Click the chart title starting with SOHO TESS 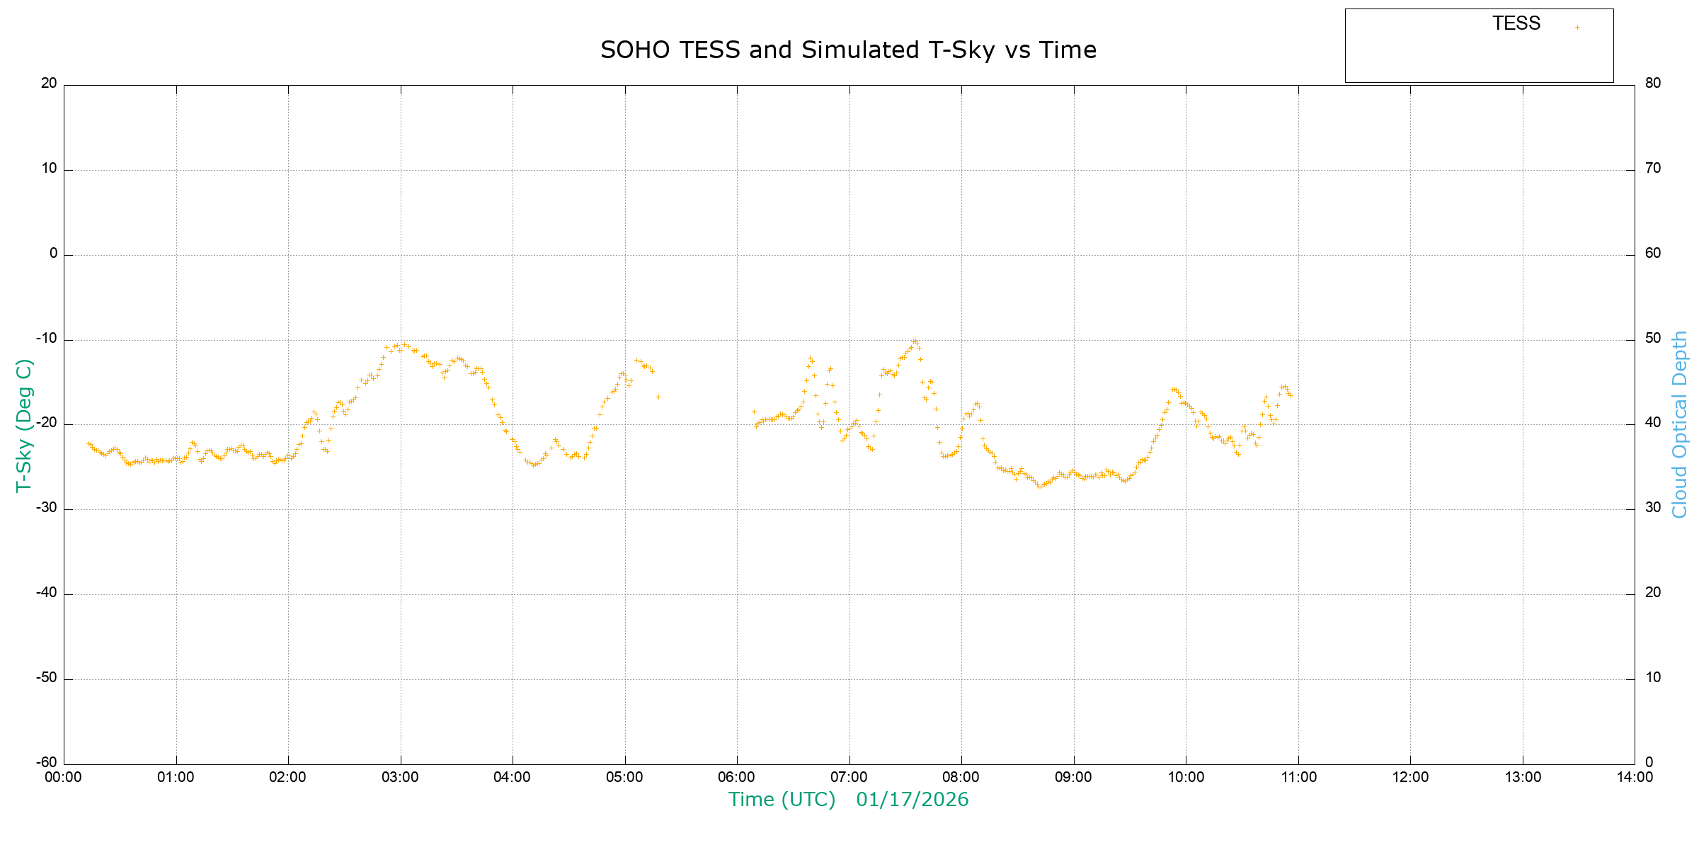point(848,50)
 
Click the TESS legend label point(1516,23)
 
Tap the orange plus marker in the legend point(1577,28)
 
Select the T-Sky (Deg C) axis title point(24,425)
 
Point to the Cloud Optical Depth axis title point(1679,425)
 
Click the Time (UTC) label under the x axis point(782,800)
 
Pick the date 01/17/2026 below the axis point(912,800)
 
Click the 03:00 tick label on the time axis point(400,777)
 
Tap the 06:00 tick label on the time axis point(737,777)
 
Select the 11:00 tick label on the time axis point(1298,777)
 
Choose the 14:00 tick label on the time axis point(1635,777)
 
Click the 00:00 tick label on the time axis point(64,777)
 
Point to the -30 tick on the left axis point(47,509)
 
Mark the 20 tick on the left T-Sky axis point(49,83)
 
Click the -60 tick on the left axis point(47,763)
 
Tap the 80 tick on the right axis point(1653,83)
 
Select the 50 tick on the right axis point(1653,339)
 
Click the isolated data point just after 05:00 point(658,397)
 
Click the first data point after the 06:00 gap point(754,412)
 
